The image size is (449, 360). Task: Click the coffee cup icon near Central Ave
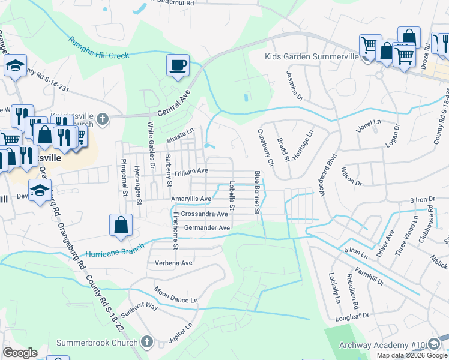point(178,65)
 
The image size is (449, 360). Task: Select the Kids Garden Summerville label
point(312,57)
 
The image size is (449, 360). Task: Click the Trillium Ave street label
point(191,170)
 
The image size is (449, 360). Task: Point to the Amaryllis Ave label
point(191,199)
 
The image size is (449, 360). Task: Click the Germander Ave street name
point(207,228)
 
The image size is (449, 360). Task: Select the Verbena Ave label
point(173,263)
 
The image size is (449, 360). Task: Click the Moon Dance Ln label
point(176,294)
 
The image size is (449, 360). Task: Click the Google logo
point(20,352)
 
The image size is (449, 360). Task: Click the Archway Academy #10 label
point(382,345)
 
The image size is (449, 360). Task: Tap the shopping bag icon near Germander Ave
point(121,225)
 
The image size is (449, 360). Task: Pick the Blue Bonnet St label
point(257,192)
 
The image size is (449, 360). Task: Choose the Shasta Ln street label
point(181,131)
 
